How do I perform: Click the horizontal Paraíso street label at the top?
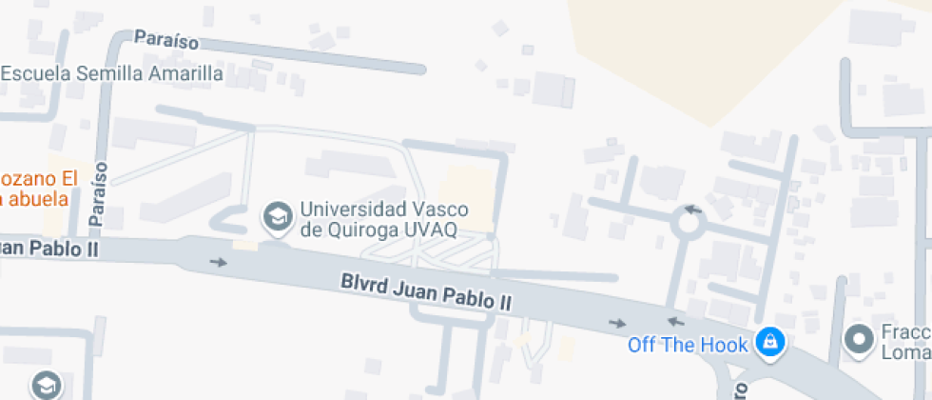pos(166,40)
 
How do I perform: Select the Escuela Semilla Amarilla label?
pos(112,73)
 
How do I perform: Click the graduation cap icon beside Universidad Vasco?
pos(278,218)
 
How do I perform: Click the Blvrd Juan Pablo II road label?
pos(426,292)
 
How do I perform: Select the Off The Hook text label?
pos(688,344)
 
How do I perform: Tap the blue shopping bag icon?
pos(770,341)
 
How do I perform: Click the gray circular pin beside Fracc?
pos(861,339)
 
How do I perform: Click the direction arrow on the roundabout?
pos(693,209)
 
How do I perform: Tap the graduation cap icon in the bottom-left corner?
pos(46,386)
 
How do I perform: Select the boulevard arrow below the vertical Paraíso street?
pos(219,262)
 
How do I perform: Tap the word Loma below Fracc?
pos(908,350)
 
